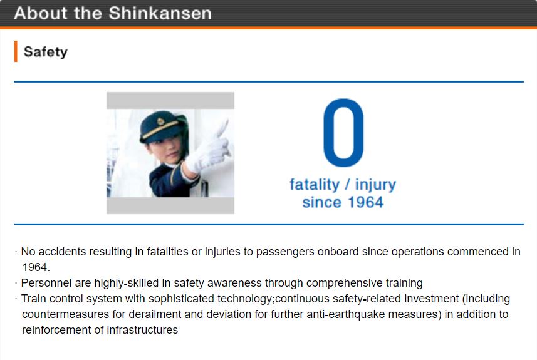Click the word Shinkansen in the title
pos(160,13)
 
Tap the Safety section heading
pos(46,52)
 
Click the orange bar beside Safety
pos(16,51)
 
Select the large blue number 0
pos(343,133)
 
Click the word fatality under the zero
pos(315,185)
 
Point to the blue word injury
pos(375,185)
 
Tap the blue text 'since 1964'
pos(343,202)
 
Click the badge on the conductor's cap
pos(160,121)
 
